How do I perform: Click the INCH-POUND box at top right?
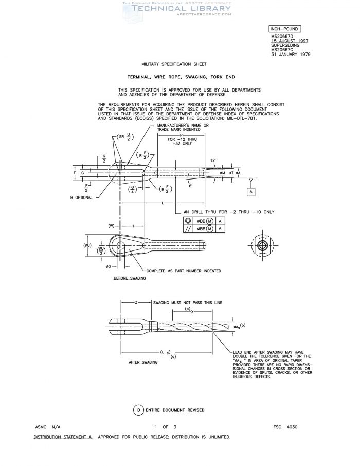(284, 29)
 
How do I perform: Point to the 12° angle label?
(213, 160)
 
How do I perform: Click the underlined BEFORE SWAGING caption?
(130, 278)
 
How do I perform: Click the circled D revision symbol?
(139, 410)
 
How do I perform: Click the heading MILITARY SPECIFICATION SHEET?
(174, 64)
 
